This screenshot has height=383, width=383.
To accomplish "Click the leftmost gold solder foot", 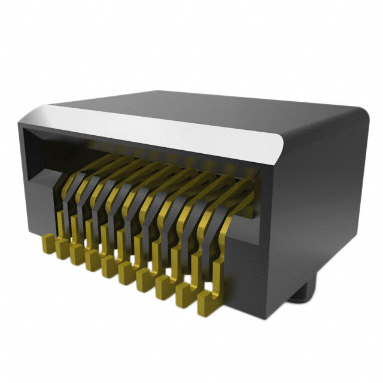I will (48, 244).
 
